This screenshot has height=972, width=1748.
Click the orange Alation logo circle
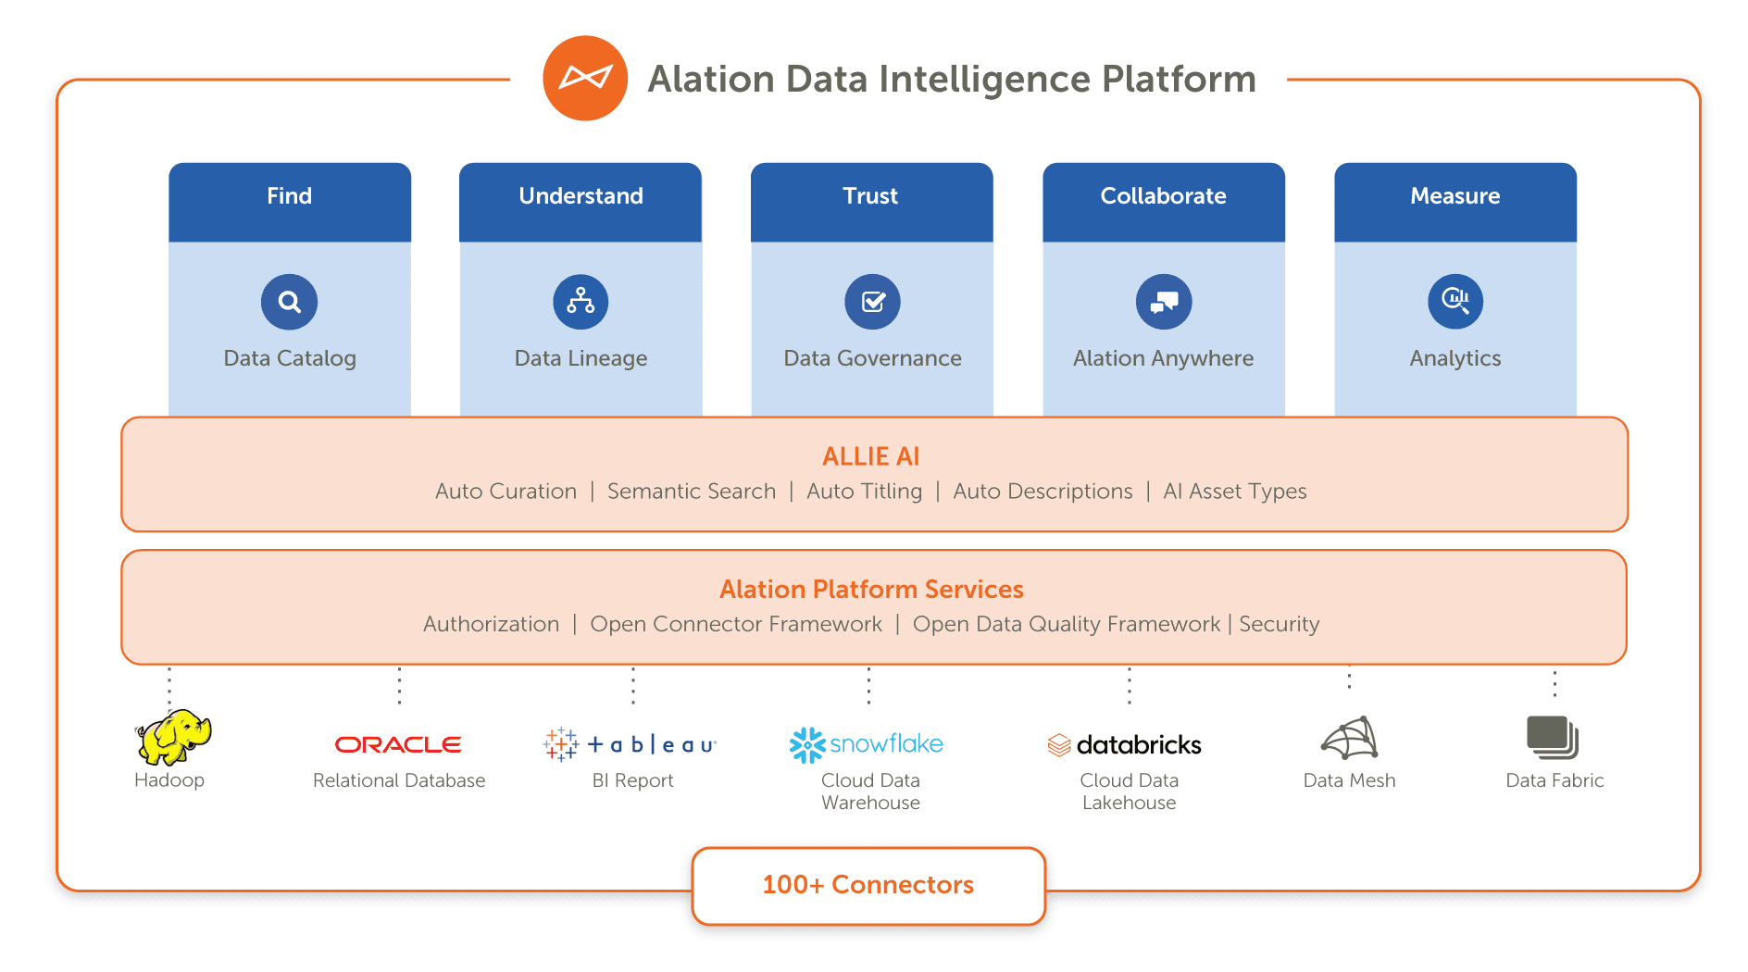tap(585, 79)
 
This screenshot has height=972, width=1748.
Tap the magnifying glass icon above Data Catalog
tap(290, 302)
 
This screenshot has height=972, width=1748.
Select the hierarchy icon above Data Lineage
tap(581, 302)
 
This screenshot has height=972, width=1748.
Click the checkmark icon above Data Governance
tap(872, 302)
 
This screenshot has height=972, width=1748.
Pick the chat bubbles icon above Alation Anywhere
tap(1164, 302)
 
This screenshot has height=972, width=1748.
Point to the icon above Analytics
tap(1455, 302)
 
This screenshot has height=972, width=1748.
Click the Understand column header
tap(581, 196)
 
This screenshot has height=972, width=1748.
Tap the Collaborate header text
tap(1163, 196)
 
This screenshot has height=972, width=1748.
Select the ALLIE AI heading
tap(870, 456)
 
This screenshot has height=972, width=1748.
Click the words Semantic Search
tap(692, 492)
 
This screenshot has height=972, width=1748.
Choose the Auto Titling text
tap(864, 492)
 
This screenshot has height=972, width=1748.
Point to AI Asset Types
tap(1234, 492)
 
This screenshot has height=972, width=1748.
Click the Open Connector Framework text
tap(736, 625)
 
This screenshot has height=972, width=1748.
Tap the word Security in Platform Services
tap(1279, 625)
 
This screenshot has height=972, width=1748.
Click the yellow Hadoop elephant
tap(173, 738)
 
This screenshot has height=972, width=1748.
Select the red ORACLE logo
tap(398, 745)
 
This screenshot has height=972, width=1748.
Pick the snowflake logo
tap(866, 744)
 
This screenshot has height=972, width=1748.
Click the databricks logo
tap(1125, 745)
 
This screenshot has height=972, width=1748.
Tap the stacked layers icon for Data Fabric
tap(1553, 738)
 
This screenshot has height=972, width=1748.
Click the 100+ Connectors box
tap(868, 886)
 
